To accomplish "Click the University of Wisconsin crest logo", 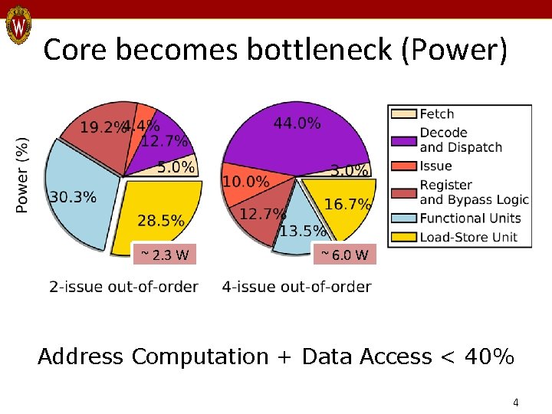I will pos(18,28).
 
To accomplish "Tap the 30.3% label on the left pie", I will pos(73,197).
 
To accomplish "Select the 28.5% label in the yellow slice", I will pos(161,221).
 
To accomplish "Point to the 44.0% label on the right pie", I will pos(297,123).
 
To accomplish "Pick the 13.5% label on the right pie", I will pos(303,231).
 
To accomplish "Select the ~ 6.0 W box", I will pos(345,254).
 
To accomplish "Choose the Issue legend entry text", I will pos(435,166).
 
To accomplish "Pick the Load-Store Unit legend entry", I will pos(468,237).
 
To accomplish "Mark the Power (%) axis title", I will pos(23,175).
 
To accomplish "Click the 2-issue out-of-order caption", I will pos(123,287).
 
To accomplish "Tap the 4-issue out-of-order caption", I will pos(297,287).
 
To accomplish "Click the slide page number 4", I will pos(516,402).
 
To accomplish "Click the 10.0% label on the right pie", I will pos(245,182).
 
